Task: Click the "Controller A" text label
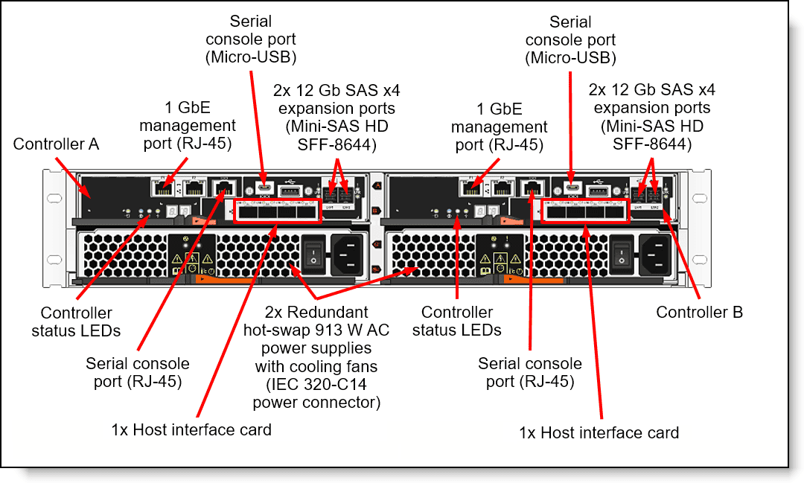coord(56,144)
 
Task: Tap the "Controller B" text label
coord(699,313)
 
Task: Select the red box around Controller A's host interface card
coord(278,211)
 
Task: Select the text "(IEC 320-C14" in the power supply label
coord(316,385)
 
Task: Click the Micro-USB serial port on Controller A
coord(262,188)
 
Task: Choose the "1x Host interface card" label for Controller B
coord(599,432)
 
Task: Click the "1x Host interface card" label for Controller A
coord(191,429)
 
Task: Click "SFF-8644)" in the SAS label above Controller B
coord(651,144)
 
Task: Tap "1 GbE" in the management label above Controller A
coord(188,109)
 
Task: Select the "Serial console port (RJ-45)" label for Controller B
coord(530,372)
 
